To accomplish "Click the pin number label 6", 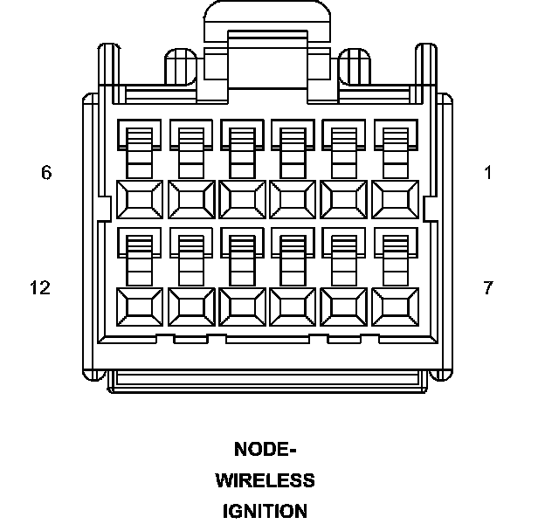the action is point(46,173).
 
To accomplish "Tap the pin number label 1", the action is point(488,173).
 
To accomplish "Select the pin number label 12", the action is point(40,287).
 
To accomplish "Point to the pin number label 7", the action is point(488,287).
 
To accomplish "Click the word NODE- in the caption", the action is point(266,450).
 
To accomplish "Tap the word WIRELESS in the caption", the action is point(266,480).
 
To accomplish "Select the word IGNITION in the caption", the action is point(266,511).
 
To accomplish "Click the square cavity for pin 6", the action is point(140,199).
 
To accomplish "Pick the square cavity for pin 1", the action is point(395,199).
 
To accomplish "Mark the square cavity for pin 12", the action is point(140,307).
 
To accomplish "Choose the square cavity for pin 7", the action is point(395,307).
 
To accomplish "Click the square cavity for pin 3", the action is point(293,199).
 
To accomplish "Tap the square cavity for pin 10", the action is point(242,307).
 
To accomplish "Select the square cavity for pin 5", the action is point(190,199).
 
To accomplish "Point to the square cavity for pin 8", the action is point(344,307).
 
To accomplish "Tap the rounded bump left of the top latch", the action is point(182,63).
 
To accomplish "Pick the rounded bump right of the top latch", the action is point(355,63).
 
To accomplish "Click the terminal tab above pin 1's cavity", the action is point(395,144).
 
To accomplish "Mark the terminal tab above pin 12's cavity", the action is point(140,253).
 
